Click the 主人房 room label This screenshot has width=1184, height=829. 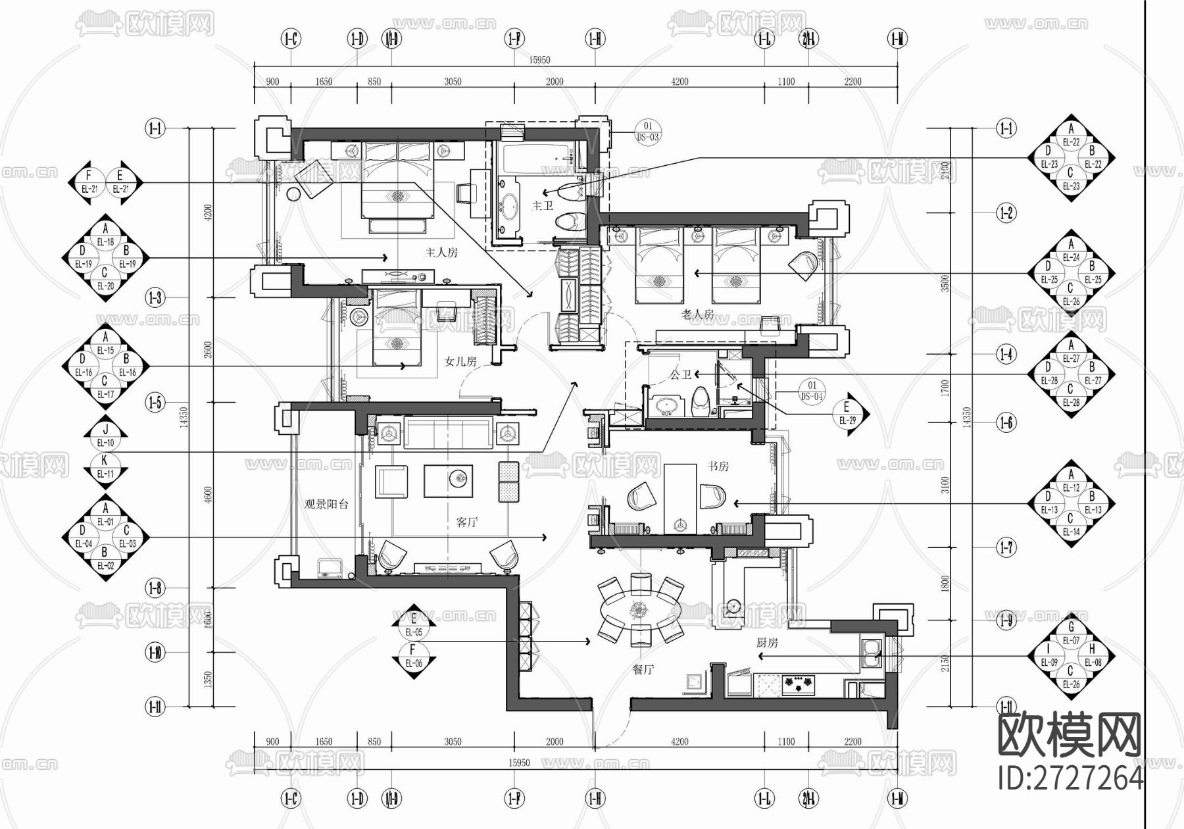(441, 252)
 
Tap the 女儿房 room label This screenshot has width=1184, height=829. (460, 361)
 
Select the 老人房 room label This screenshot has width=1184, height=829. (698, 314)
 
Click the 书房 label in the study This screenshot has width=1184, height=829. (718, 466)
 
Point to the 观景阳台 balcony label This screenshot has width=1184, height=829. (326, 505)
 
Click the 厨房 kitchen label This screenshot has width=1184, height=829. (767, 643)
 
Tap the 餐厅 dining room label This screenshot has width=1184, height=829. (643, 670)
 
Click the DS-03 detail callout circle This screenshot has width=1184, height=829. (647, 132)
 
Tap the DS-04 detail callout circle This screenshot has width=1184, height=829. (812, 391)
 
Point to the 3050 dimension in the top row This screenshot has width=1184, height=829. (453, 82)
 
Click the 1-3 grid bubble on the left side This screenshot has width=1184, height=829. (155, 298)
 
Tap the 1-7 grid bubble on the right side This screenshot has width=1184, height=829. (1006, 547)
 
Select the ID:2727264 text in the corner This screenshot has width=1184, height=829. (1070, 779)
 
